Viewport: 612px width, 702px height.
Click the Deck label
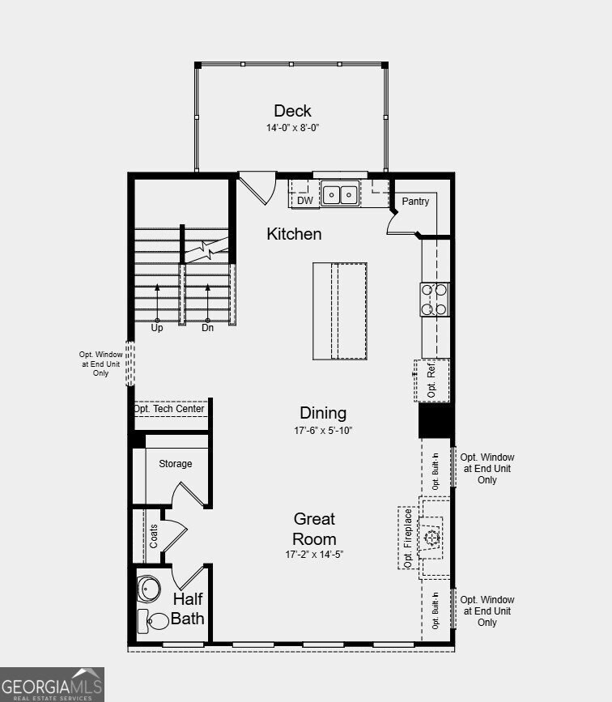pyautogui.click(x=292, y=111)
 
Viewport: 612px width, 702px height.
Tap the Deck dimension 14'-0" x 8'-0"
pyautogui.click(x=292, y=128)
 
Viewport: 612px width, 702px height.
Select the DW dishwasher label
pyautogui.click(x=304, y=201)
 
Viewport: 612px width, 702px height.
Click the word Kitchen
pyautogui.click(x=294, y=234)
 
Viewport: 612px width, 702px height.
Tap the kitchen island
pyautogui.click(x=340, y=310)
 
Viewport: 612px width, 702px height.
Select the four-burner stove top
pyautogui.click(x=435, y=299)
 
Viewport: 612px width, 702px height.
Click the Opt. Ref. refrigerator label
pyautogui.click(x=431, y=381)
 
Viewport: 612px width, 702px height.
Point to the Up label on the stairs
pyautogui.click(x=157, y=328)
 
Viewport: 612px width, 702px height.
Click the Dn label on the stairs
pyautogui.click(x=207, y=328)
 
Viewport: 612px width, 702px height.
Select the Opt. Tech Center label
pyautogui.click(x=169, y=409)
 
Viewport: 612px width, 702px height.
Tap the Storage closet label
pyautogui.click(x=175, y=464)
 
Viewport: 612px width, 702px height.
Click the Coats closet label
pyautogui.click(x=154, y=536)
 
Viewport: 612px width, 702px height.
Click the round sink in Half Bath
pyautogui.click(x=148, y=587)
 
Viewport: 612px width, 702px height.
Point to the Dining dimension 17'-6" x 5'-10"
pyautogui.click(x=323, y=431)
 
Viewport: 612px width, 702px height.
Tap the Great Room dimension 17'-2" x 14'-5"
pyautogui.click(x=314, y=555)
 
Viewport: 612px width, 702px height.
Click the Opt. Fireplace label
pyautogui.click(x=408, y=538)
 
